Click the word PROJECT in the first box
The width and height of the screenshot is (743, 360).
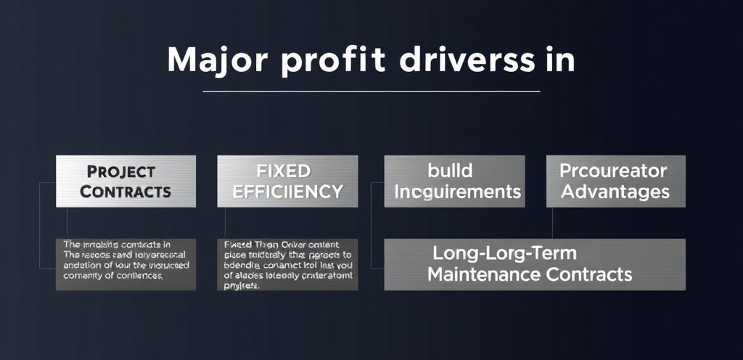(x=121, y=172)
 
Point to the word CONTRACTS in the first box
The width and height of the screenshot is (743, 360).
(x=126, y=192)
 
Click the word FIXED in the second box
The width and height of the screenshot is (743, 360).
(x=284, y=172)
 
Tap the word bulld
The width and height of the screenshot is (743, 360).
(x=451, y=171)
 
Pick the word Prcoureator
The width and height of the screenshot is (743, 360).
(x=613, y=171)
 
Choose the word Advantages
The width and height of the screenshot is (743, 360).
(x=615, y=192)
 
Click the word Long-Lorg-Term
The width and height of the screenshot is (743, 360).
(x=504, y=254)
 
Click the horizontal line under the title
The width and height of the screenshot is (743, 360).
(x=371, y=91)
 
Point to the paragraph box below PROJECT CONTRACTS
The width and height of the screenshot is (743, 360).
(x=126, y=264)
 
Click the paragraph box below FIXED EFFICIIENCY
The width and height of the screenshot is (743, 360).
(x=287, y=264)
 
